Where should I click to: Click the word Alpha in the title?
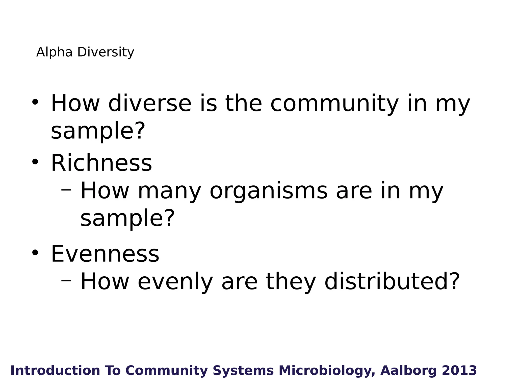point(54,52)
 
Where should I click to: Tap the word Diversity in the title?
point(106,52)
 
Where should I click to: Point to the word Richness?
point(101,163)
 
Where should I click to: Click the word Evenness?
point(105,254)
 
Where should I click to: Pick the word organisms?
point(269,191)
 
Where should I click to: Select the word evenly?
point(175,282)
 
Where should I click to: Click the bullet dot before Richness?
point(35,162)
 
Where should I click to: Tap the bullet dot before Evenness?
point(35,252)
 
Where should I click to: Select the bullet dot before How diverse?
point(35,102)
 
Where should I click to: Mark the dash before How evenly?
point(66,280)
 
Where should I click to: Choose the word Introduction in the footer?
point(55,371)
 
